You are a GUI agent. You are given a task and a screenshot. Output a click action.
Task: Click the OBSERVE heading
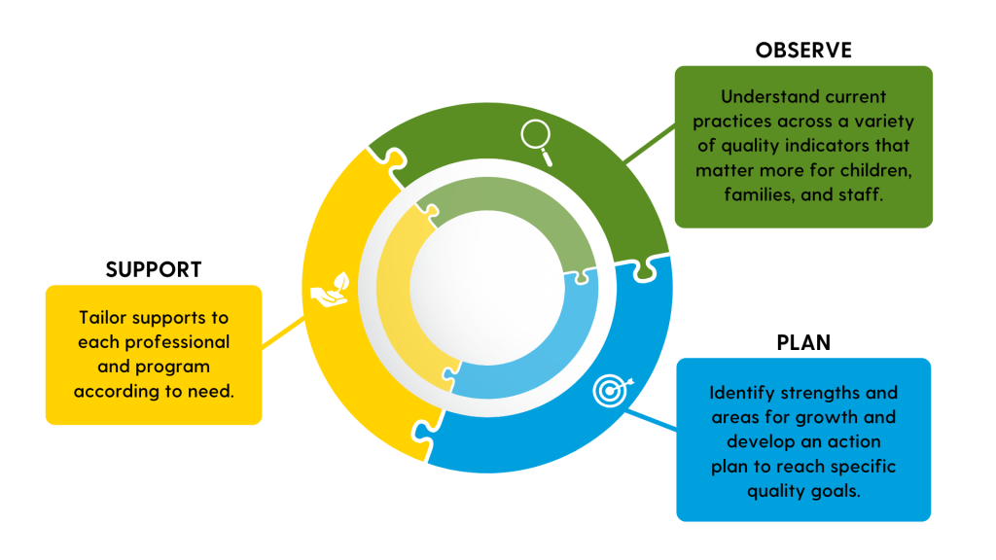tap(803, 51)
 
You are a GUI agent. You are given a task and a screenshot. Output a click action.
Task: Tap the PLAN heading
tap(803, 343)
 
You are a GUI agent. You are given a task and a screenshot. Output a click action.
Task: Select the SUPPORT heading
tap(154, 270)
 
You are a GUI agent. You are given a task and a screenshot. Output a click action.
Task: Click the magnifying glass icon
tap(537, 143)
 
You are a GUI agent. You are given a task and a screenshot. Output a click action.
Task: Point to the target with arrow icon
tap(613, 391)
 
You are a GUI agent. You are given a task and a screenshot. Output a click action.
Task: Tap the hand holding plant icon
tap(331, 290)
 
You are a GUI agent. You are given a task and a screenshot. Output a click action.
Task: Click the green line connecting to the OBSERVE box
tap(650, 144)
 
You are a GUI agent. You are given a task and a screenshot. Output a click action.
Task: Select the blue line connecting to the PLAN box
tap(651, 420)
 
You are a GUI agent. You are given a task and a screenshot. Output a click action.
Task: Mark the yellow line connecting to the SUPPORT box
tap(283, 332)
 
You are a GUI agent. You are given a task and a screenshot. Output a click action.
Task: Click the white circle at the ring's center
tap(487, 288)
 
